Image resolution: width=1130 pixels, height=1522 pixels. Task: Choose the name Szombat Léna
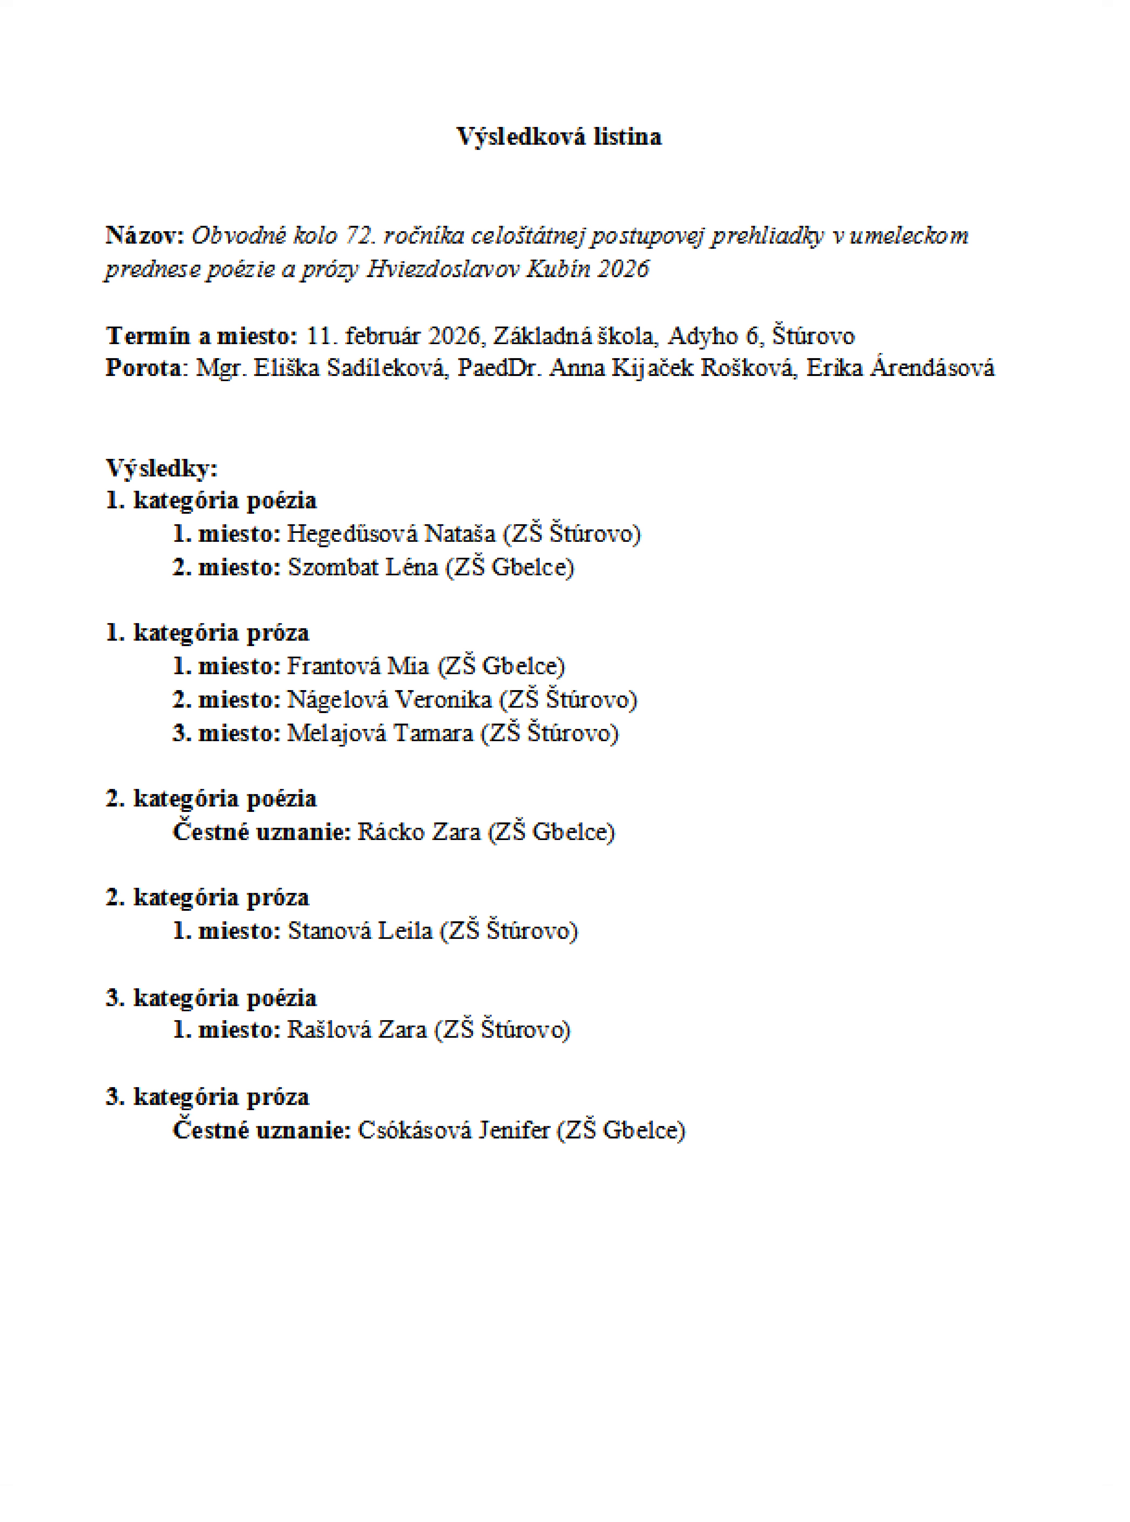[x=363, y=568]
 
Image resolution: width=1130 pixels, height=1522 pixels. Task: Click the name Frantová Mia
[x=358, y=666]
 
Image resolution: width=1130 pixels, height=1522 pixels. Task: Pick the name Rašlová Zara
[x=357, y=1030]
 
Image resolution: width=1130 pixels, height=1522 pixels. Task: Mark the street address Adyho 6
[x=713, y=336]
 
